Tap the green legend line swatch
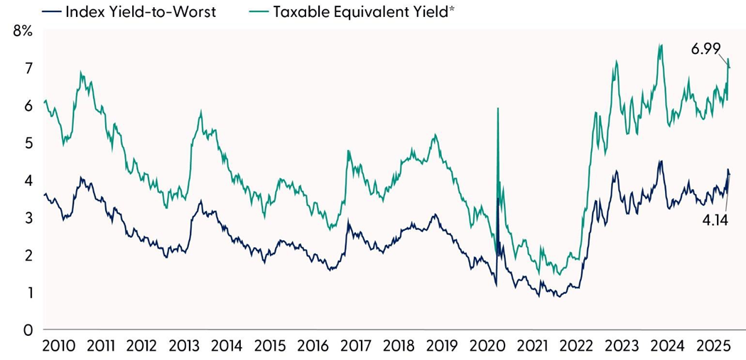pyautogui.click(x=254, y=12)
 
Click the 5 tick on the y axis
pyautogui.click(x=28, y=143)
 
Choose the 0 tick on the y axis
pyautogui.click(x=28, y=330)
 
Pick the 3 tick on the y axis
pyautogui.click(x=28, y=218)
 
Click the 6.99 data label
pyautogui.click(x=706, y=49)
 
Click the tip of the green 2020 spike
pyautogui.click(x=497, y=108)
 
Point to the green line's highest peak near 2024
pyautogui.click(x=661, y=45)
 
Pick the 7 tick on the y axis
pyautogui.click(x=28, y=69)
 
